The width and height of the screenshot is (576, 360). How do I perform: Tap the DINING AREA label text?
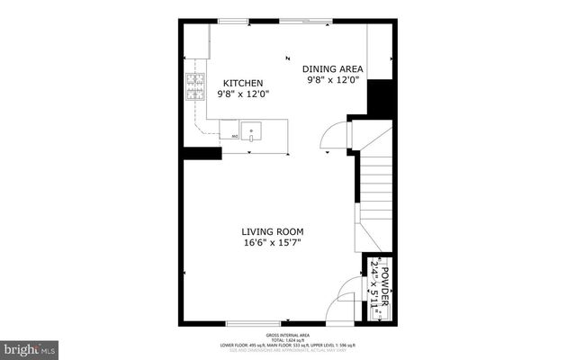click(331, 68)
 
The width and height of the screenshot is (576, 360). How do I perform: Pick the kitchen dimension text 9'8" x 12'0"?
click(243, 94)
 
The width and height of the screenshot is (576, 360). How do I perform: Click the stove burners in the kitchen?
click(193, 87)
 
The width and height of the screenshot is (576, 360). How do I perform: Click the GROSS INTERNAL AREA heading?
click(287, 333)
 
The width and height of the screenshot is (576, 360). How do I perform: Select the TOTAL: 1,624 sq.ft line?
click(287, 338)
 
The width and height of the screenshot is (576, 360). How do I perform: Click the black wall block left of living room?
click(202, 153)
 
